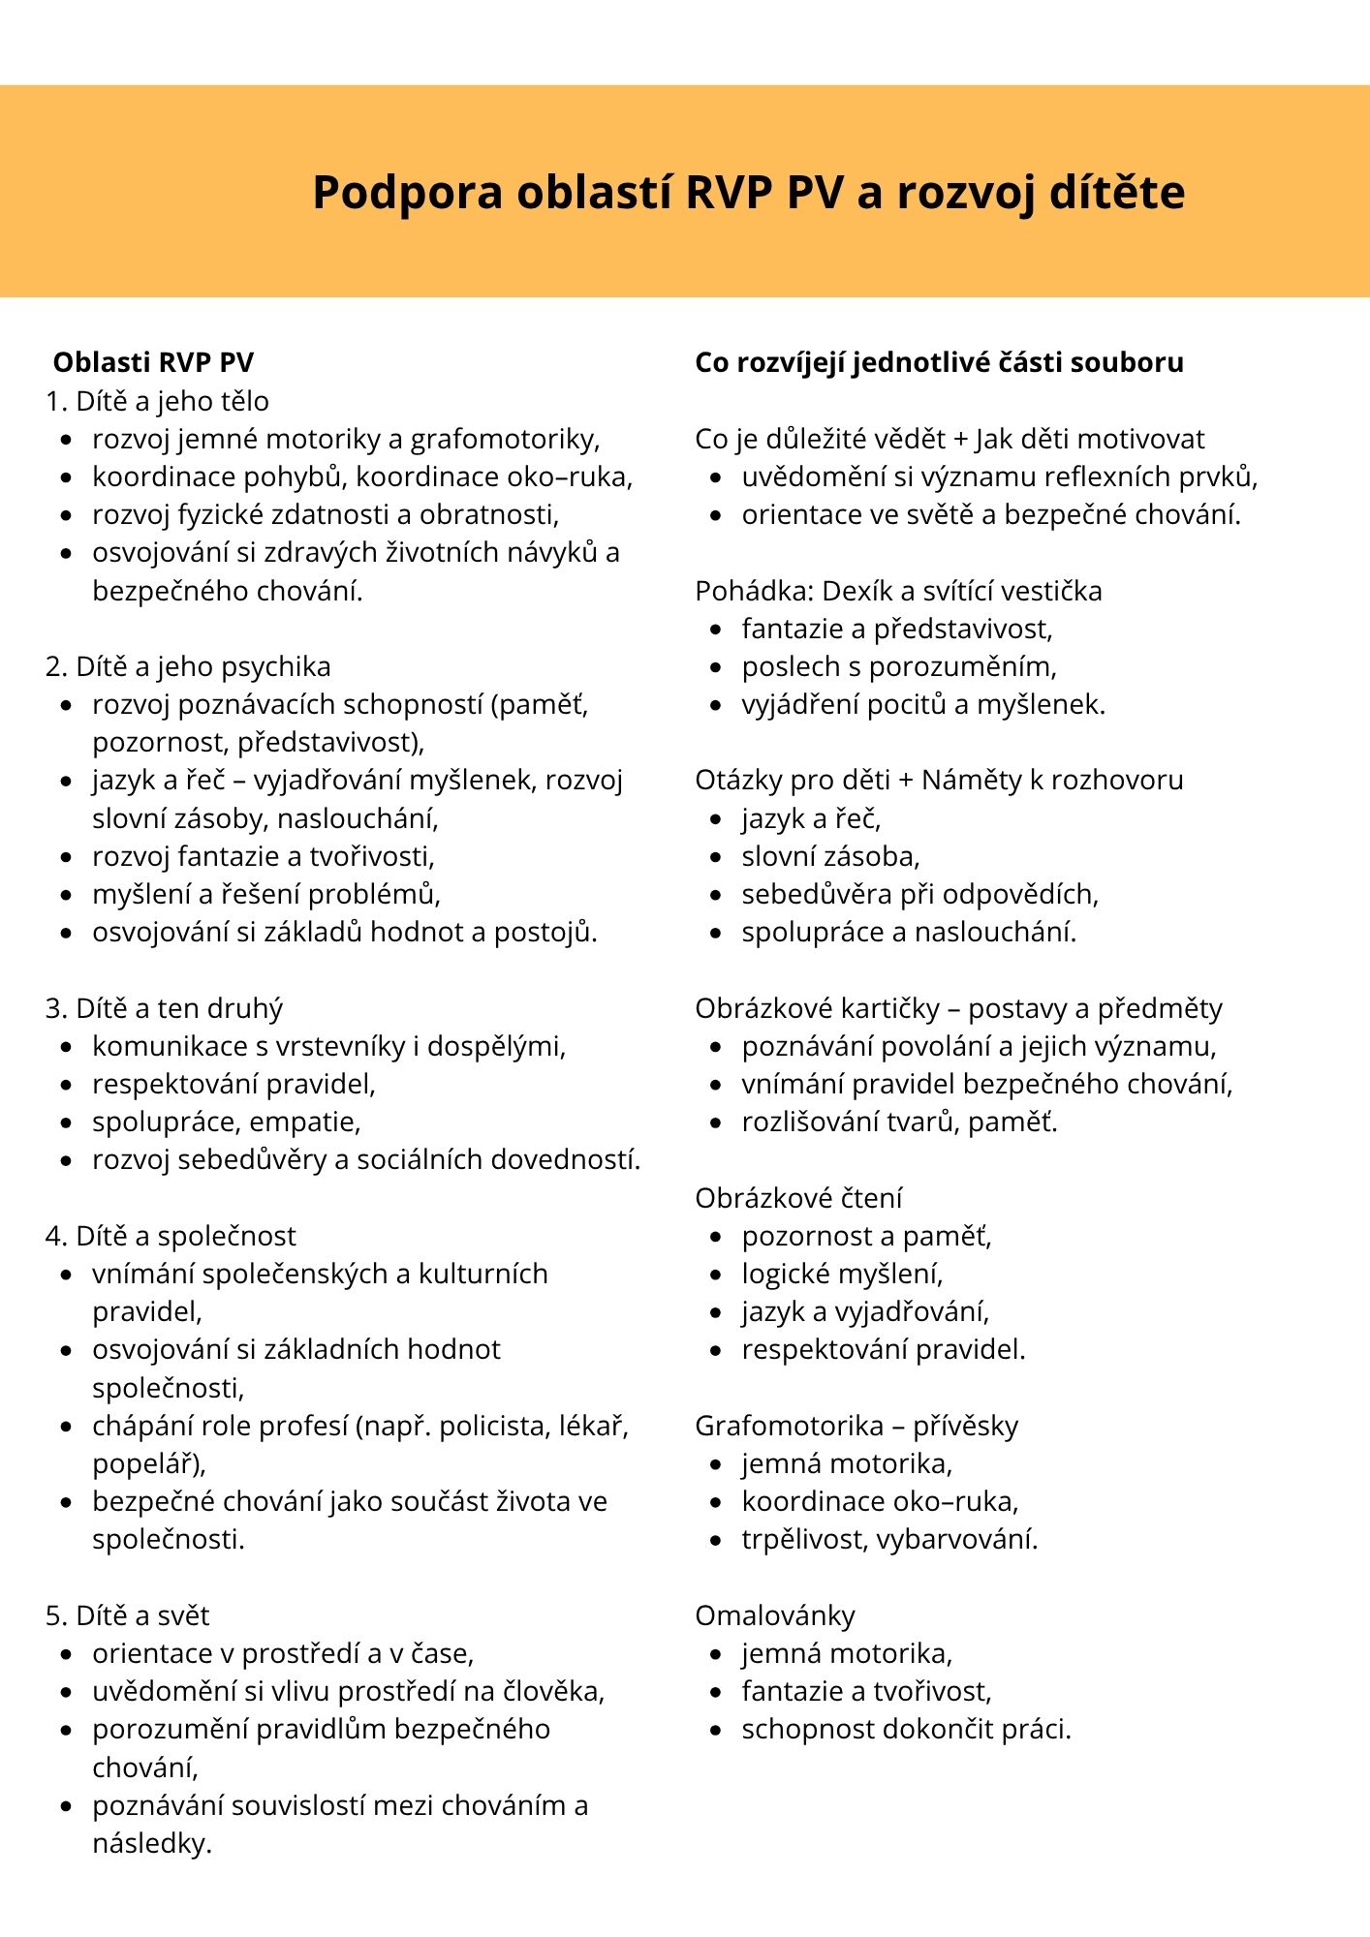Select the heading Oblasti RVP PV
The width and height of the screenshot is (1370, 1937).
click(x=153, y=362)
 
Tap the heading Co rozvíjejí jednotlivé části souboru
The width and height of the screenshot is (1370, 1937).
click(x=939, y=362)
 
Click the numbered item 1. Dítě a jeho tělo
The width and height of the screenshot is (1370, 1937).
click(x=157, y=401)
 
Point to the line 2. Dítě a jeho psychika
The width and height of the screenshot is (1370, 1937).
click(x=188, y=666)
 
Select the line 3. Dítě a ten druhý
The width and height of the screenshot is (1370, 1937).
click(x=164, y=1008)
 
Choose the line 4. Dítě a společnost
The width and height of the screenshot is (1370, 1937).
click(x=171, y=1236)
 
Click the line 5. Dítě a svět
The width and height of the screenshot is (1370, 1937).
click(x=127, y=1615)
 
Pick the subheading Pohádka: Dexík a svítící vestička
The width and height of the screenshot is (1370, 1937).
click(x=898, y=591)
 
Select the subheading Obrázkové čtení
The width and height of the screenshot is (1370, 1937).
click(x=798, y=1198)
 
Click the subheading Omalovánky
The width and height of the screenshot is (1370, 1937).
click(x=775, y=1615)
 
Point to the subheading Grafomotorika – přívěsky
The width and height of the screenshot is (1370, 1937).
click(x=856, y=1426)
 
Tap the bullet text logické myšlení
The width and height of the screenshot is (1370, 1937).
click(x=842, y=1274)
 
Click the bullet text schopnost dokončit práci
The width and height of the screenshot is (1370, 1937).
click(x=907, y=1729)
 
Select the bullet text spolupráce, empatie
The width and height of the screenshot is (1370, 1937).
click(x=227, y=1122)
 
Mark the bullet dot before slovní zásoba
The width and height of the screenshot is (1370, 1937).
click(x=716, y=857)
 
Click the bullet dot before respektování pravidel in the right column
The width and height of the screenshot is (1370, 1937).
click(x=716, y=1350)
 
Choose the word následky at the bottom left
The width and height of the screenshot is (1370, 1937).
click(x=151, y=1843)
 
